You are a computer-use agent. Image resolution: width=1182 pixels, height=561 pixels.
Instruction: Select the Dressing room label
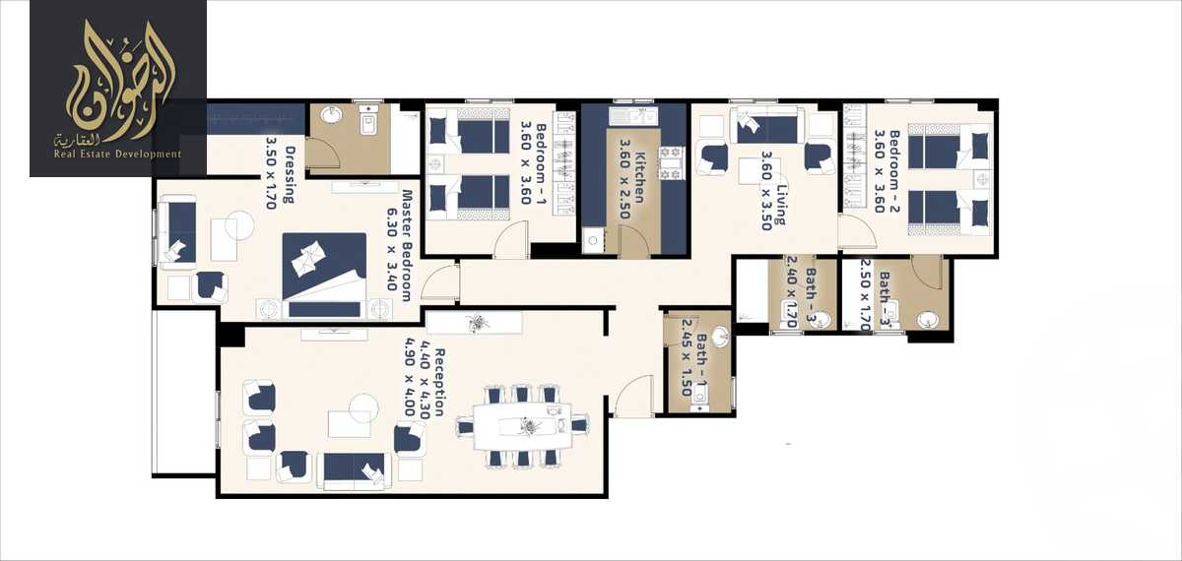(x=289, y=174)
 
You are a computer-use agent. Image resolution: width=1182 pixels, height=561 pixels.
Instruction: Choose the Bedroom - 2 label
(x=894, y=170)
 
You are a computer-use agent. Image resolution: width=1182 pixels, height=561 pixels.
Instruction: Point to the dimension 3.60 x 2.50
(x=624, y=170)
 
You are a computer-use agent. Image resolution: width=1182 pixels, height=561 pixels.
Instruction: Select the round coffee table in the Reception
(x=362, y=405)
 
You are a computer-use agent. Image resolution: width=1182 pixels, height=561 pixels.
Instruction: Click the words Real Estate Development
(x=117, y=154)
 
